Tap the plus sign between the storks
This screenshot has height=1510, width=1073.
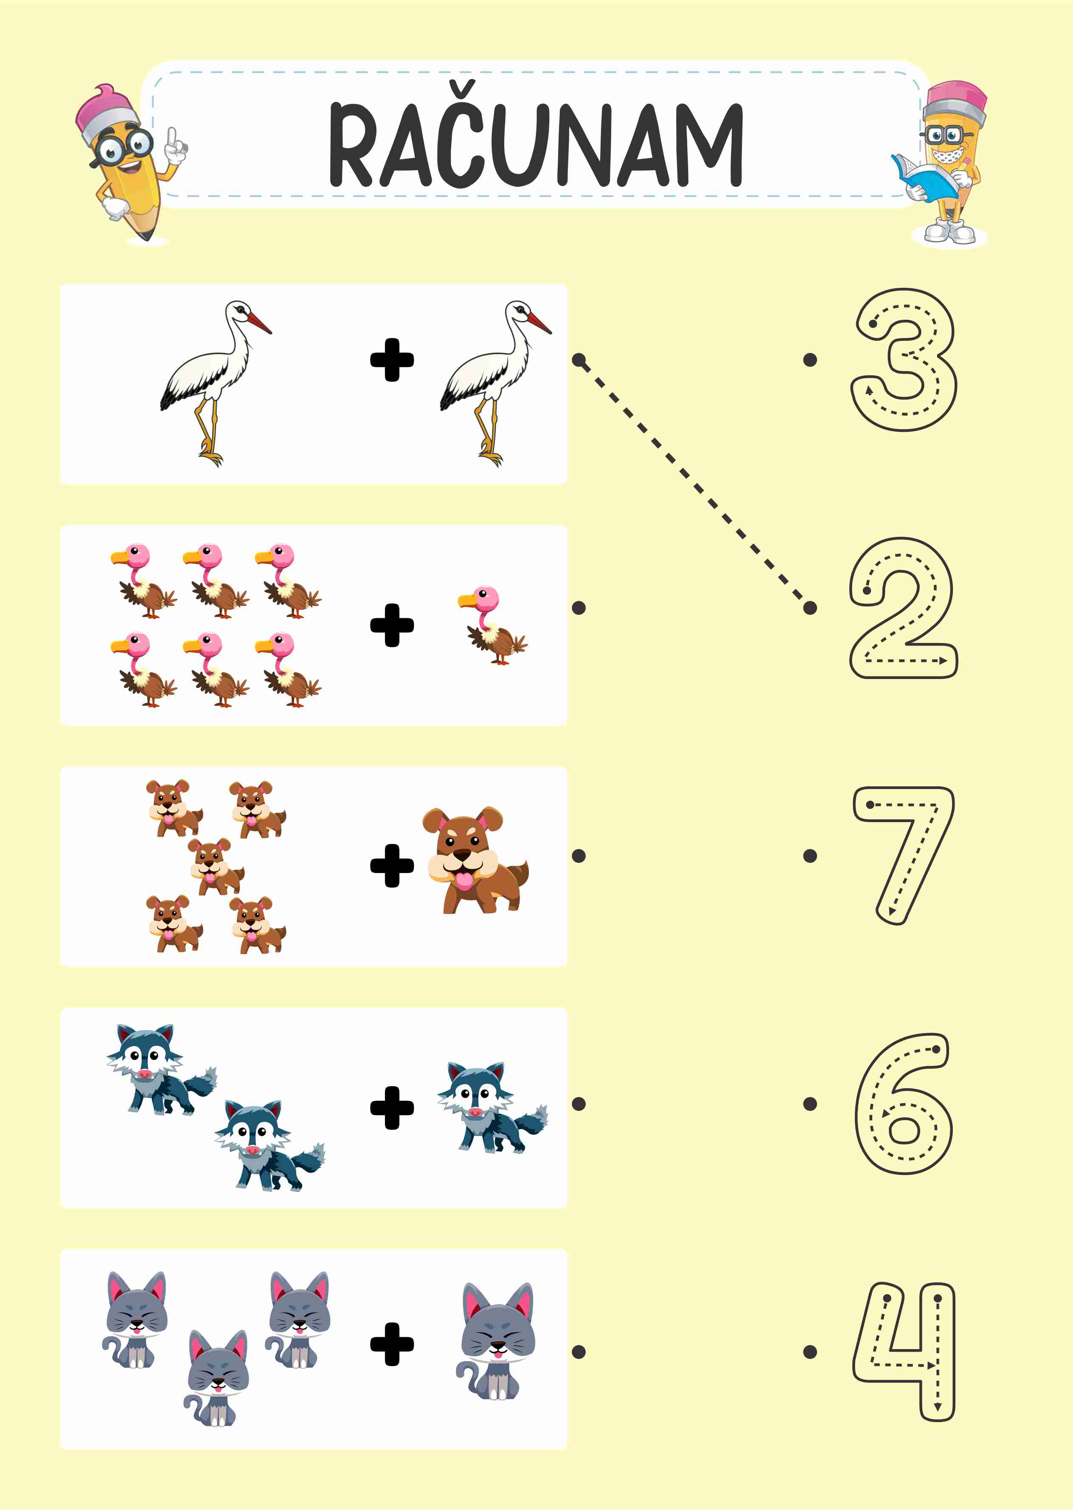(392, 360)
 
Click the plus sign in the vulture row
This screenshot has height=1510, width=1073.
(392, 625)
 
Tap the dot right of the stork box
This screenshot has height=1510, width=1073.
(579, 360)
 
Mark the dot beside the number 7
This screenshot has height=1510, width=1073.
(810, 856)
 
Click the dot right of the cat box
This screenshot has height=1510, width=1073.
(579, 1352)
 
